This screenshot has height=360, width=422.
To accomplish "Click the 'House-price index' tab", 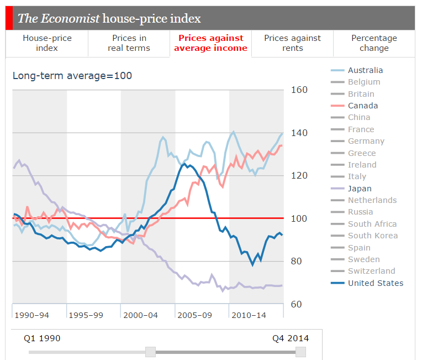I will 47,43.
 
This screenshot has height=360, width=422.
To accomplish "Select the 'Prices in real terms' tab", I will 129,43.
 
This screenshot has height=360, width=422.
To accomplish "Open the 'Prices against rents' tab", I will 292,43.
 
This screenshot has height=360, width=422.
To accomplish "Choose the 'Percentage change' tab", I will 374,43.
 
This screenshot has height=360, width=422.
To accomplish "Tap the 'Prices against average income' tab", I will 210,43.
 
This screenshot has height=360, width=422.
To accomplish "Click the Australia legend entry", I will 365,70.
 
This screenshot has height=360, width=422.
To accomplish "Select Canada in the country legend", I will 362,106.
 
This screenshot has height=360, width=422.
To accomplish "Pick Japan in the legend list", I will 359,189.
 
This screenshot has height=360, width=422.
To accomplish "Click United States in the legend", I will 375,283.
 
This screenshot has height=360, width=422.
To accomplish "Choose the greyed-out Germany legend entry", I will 366,141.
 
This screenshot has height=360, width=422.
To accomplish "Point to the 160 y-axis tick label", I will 299,90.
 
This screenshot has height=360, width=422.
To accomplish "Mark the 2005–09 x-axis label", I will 194,315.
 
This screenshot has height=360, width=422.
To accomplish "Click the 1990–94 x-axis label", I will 31,315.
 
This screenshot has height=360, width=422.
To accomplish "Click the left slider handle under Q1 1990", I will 150,352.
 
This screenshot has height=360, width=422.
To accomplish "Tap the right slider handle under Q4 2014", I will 300,352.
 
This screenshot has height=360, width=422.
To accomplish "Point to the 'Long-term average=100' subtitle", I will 72,75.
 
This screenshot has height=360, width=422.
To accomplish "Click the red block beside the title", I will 9,19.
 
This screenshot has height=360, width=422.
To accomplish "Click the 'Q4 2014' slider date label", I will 291,338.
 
